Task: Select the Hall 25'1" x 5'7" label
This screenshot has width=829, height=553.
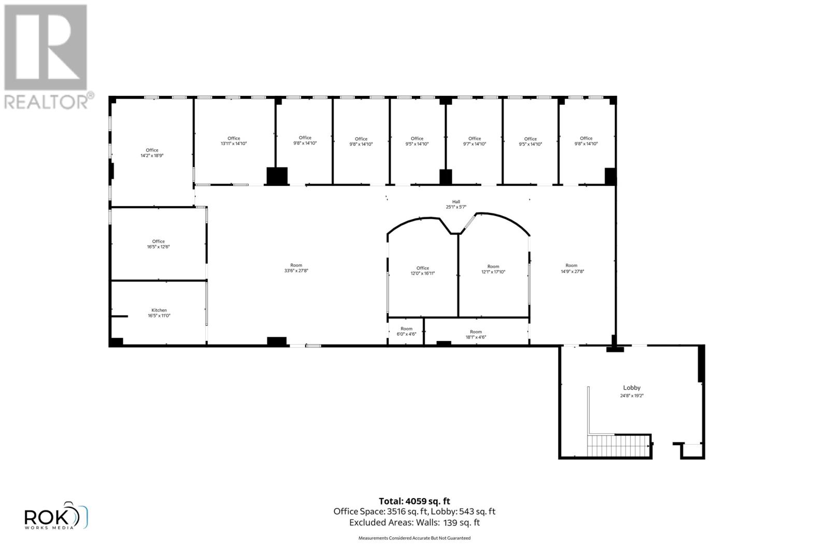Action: tap(456, 205)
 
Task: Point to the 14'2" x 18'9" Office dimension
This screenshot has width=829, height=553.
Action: tap(152, 155)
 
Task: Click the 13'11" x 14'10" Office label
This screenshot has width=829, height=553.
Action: tap(234, 141)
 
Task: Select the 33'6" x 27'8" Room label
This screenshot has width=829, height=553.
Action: tap(296, 268)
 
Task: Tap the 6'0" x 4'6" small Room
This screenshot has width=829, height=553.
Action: tap(406, 332)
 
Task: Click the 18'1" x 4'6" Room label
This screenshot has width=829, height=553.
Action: tap(476, 334)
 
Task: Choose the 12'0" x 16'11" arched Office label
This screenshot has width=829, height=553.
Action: tap(422, 271)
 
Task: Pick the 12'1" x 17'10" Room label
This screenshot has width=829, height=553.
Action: tap(493, 269)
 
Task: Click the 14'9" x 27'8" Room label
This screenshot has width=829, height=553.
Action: tap(571, 268)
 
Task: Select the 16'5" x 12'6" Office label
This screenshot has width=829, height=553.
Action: tap(158, 244)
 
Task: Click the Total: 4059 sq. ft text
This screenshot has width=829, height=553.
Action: tap(414, 501)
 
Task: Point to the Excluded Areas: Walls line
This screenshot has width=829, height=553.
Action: tap(414, 522)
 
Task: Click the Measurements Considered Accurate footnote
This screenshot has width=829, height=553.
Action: tap(414, 538)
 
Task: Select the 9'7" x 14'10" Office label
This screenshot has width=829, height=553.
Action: tap(474, 141)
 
